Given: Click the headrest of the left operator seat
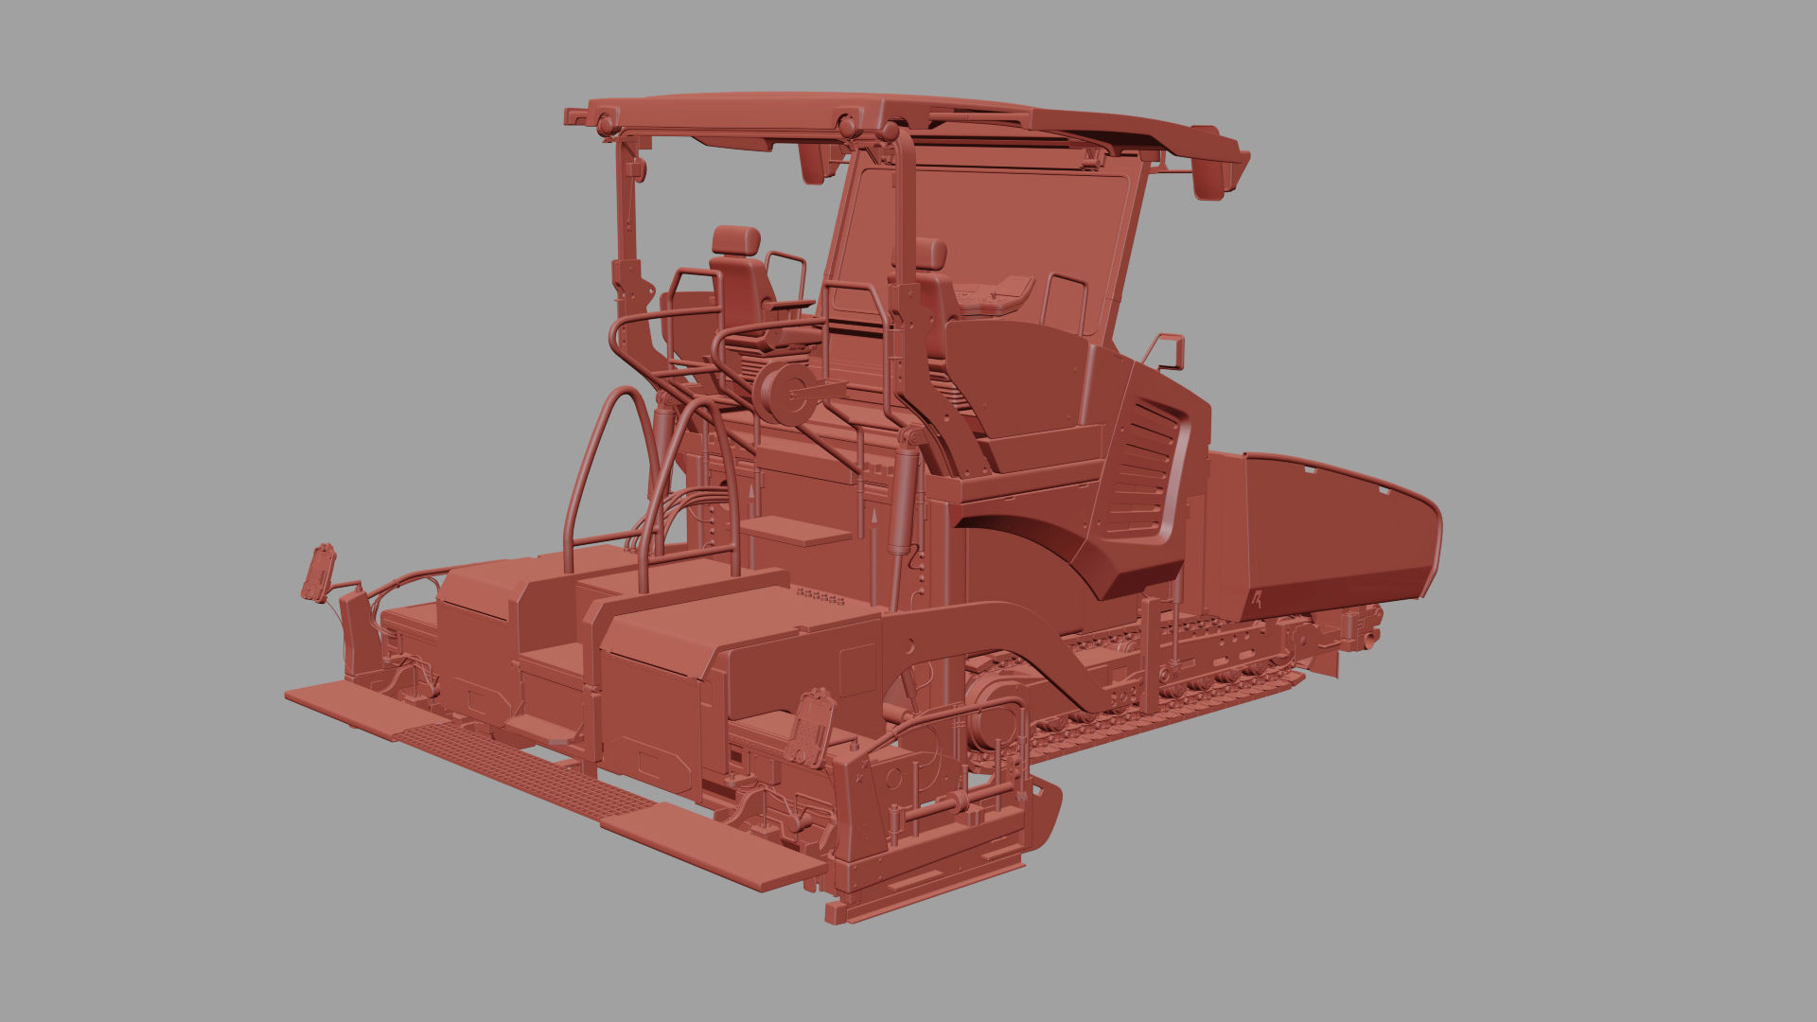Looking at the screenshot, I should (x=735, y=240).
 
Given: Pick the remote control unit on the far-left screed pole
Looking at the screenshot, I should (x=319, y=572).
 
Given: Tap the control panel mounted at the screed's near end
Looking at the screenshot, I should (x=812, y=727).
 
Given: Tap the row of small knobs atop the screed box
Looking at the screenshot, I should (x=820, y=596).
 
